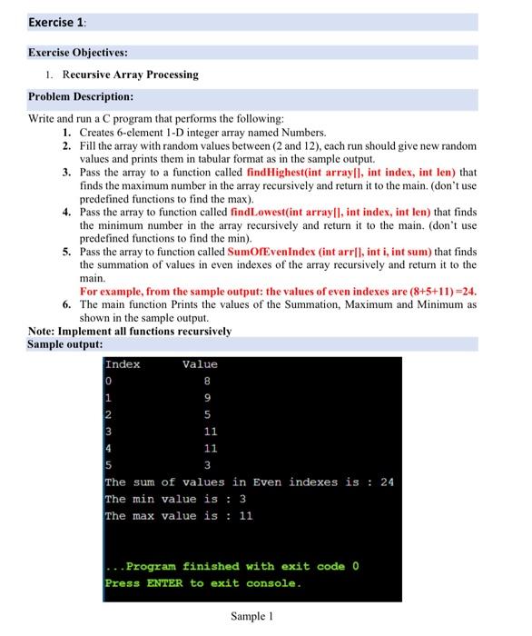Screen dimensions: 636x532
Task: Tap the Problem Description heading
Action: tap(81, 96)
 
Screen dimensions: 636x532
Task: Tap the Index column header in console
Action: tap(123, 364)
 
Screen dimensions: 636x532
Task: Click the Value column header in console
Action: tap(200, 364)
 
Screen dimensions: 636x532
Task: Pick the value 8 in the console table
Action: tap(209, 382)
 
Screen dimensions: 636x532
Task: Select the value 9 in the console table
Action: tap(209, 398)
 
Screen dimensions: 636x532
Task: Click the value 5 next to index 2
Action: tap(209, 415)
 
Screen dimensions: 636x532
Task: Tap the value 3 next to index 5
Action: tap(209, 465)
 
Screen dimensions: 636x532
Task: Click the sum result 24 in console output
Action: tap(386, 482)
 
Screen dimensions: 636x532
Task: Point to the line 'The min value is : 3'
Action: tap(176, 499)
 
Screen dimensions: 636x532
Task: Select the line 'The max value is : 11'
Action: tap(179, 516)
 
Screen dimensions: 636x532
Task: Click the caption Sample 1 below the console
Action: tap(252, 616)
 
